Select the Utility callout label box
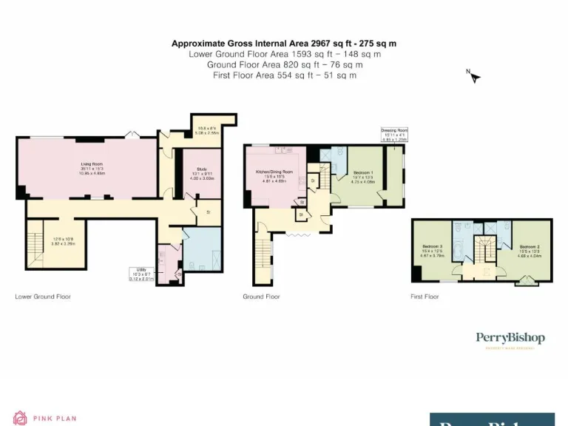[141, 274]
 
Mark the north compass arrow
[474, 76]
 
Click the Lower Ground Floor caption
[43, 297]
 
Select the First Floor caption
[425, 297]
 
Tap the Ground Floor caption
[261, 297]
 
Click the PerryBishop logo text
[510, 339]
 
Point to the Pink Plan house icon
[20, 419]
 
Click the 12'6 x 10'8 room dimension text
[63, 240]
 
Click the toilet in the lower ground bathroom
[177, 276]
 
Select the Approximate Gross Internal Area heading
[284, 44]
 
